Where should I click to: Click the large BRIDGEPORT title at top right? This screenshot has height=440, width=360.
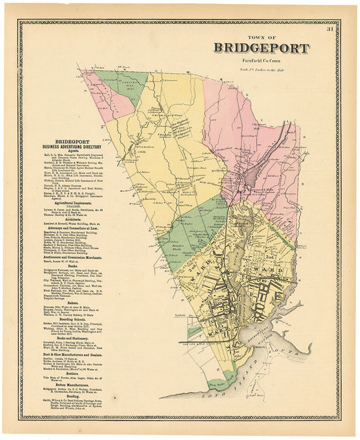tap(261, 48)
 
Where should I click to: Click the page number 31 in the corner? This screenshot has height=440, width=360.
tap(330, 29)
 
